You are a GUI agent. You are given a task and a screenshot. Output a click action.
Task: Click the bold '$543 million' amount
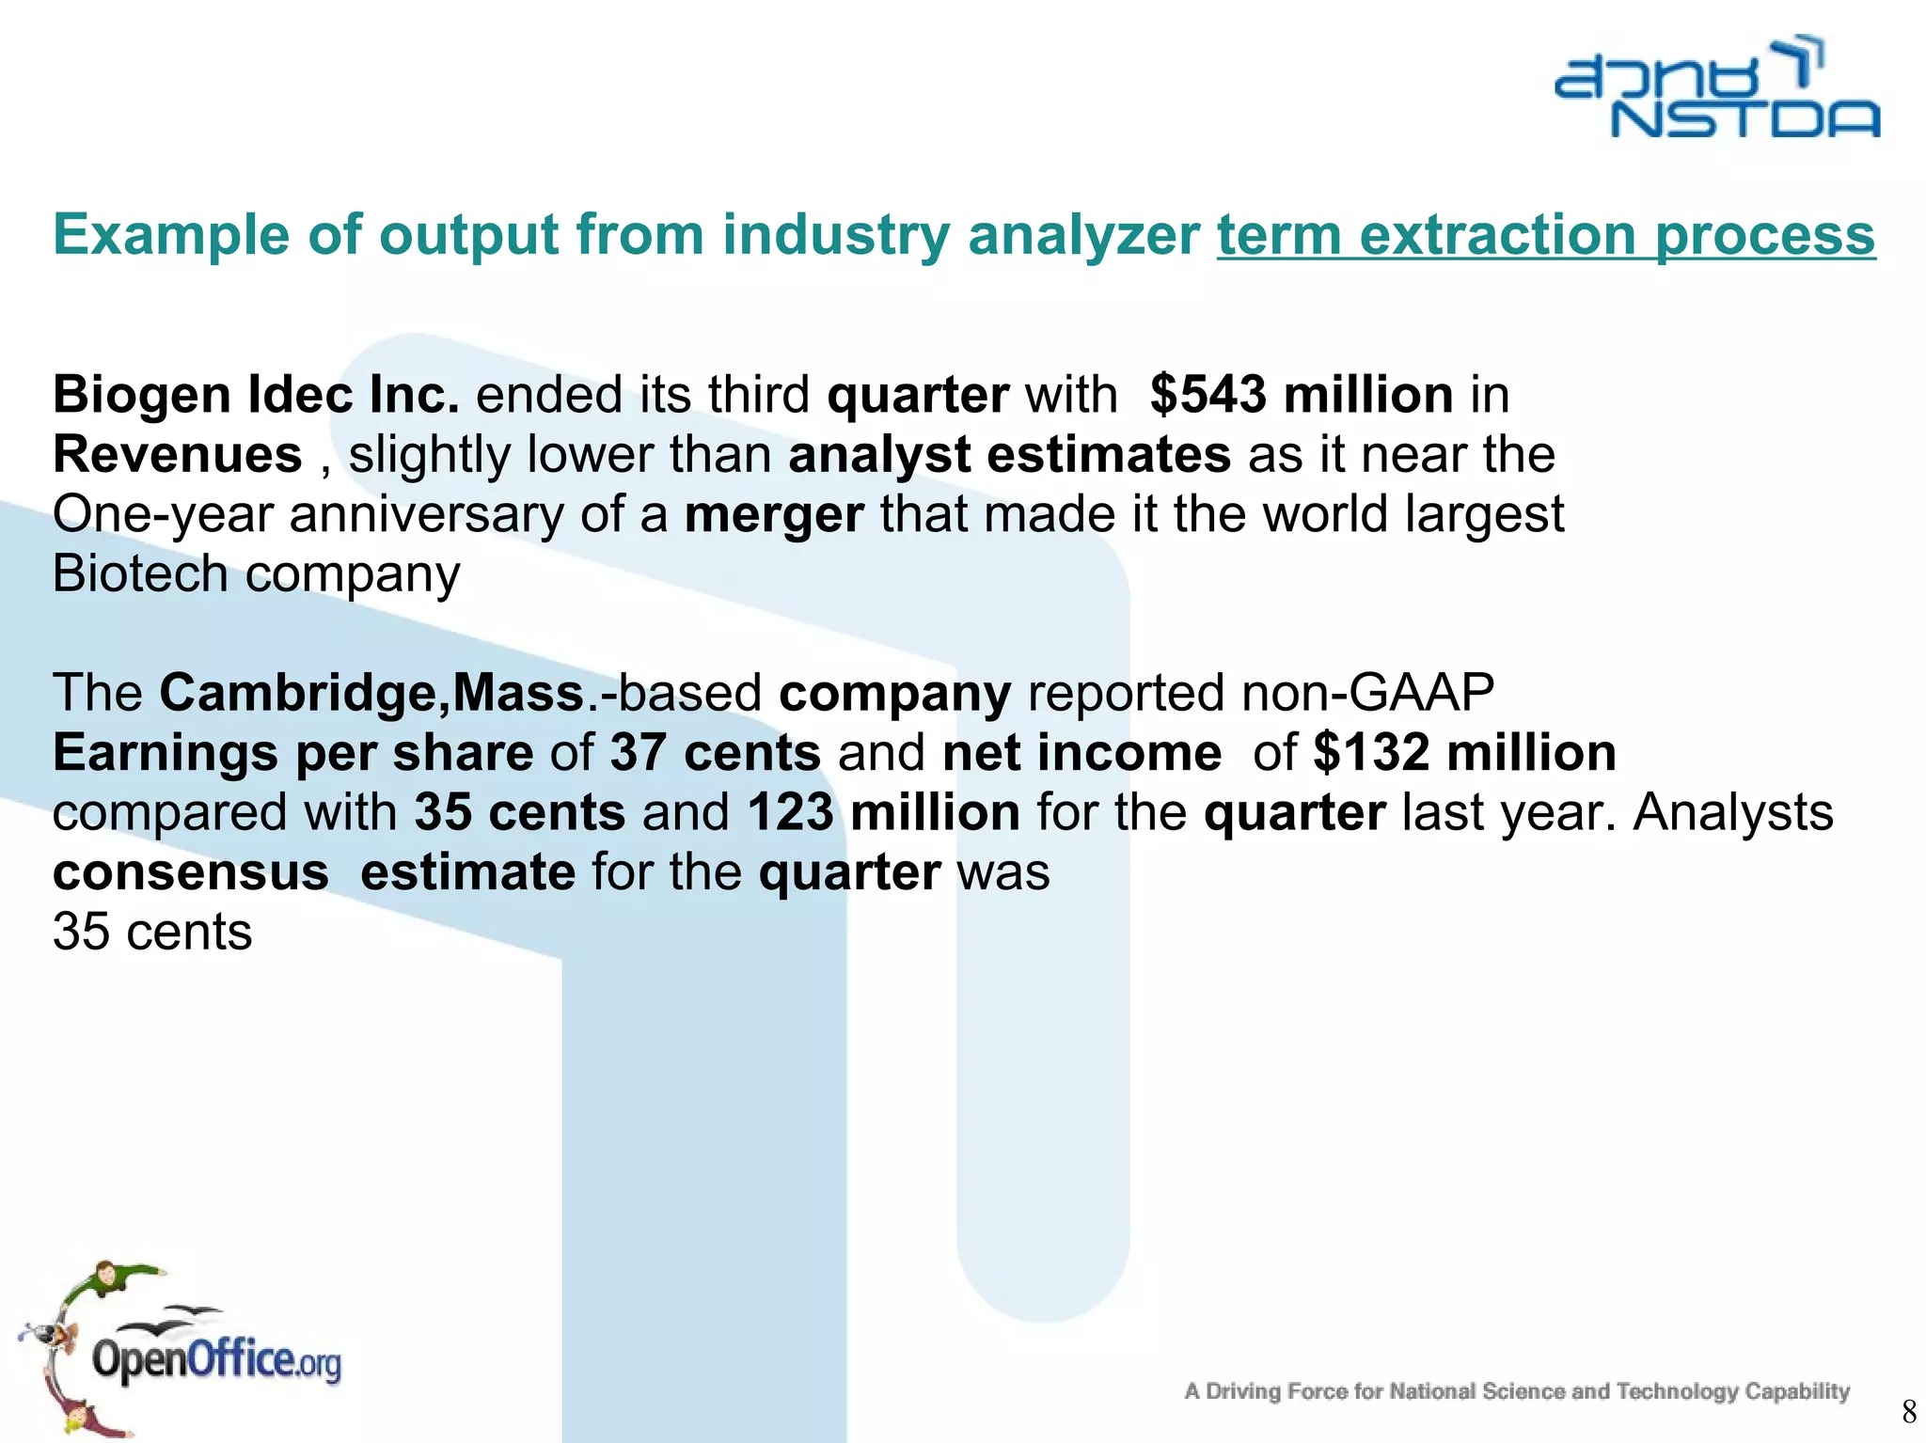pos(1302,394)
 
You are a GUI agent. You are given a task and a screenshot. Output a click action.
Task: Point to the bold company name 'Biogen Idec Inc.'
pos(256,394)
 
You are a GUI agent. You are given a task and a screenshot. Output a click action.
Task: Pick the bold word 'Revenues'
pos(178,454)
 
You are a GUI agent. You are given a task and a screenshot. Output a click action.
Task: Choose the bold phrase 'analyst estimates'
pos(1009,454)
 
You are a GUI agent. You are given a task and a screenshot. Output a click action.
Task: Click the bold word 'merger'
pos(773,514)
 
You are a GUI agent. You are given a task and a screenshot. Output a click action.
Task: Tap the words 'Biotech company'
pos(256,573)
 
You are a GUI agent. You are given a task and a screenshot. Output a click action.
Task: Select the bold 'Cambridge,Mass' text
pos(372,693)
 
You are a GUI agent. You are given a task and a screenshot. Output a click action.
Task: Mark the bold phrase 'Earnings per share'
pos(293,753)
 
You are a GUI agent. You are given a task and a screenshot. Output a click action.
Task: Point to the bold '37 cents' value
pos(716,753)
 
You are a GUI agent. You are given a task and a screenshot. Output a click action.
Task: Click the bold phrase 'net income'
pos(1081,753)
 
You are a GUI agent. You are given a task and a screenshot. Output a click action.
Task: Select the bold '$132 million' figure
pos(1464,753)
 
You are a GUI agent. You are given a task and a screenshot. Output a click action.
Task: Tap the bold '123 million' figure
pos(884,812)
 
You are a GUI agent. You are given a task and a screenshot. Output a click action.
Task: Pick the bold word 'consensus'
pos(191,872)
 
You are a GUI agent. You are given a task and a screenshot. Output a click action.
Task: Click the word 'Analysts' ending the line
pos(1732,812)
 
